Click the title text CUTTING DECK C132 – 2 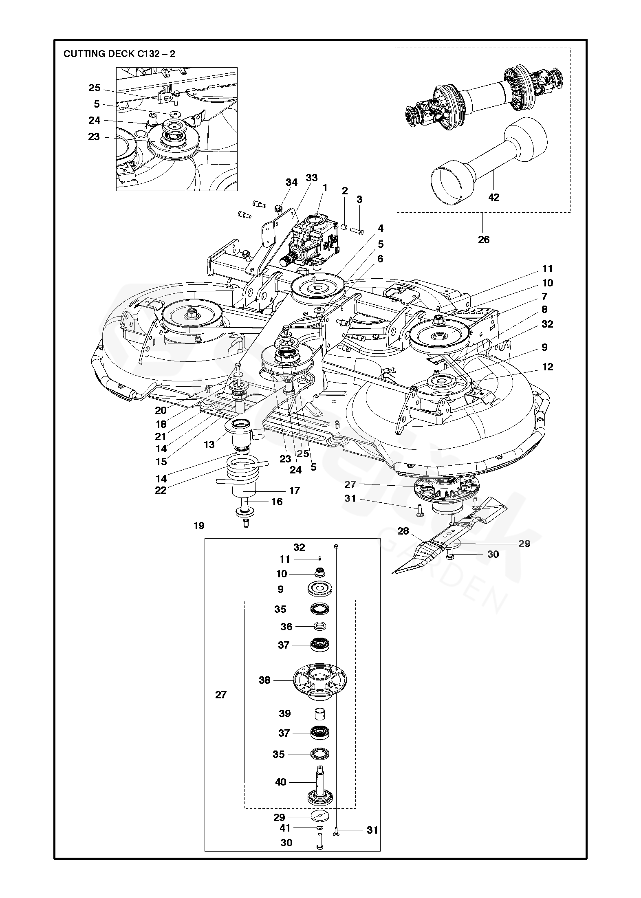[x=119, y=54]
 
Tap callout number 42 [x=493, y=197]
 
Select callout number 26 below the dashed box [x=484, y=239]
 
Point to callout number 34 [x=292, y=182]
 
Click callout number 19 [x=199, y=526]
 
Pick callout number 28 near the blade [x=403, y=531]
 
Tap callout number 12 [x=548, y=367]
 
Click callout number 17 [x=295, y=491]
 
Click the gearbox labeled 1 [x=316, y=238]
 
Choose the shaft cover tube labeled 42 [x=489, y=155]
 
